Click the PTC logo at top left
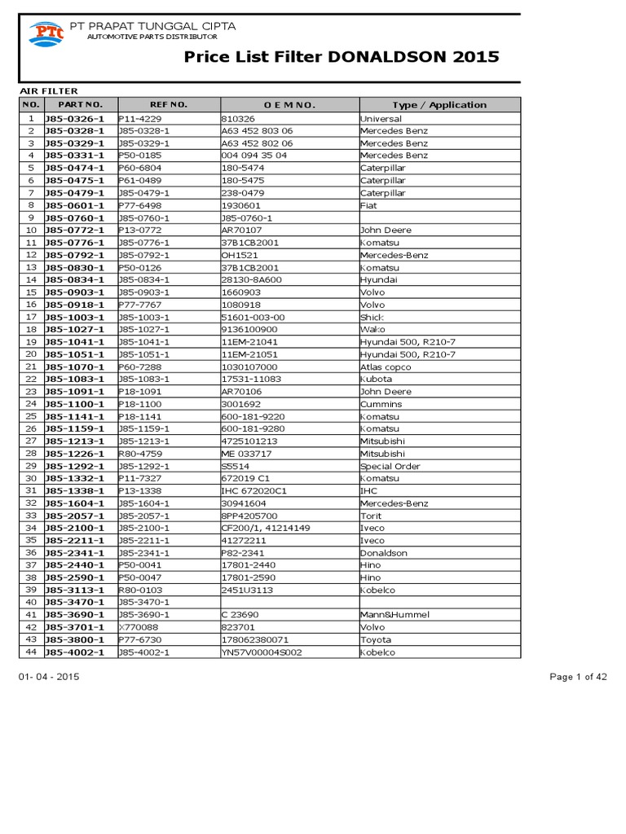[x=46, y=33]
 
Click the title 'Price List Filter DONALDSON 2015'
[x=342, y=57]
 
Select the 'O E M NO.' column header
[x=289, y=105]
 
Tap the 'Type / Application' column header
[x=439, y=105]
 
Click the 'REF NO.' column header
[x=169, y=105]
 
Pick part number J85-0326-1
[x=74, y=118]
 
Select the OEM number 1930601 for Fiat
[x=238, y=205]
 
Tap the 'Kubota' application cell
[x=376, y=379]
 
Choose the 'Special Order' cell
[x=390, y=466]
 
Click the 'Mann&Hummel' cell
[x=395, y=615]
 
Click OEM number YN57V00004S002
[x=261, y=652]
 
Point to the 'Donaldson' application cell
[x=383, y=553]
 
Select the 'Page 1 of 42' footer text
[x=578, y=678]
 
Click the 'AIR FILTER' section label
[x=49, y=91]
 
